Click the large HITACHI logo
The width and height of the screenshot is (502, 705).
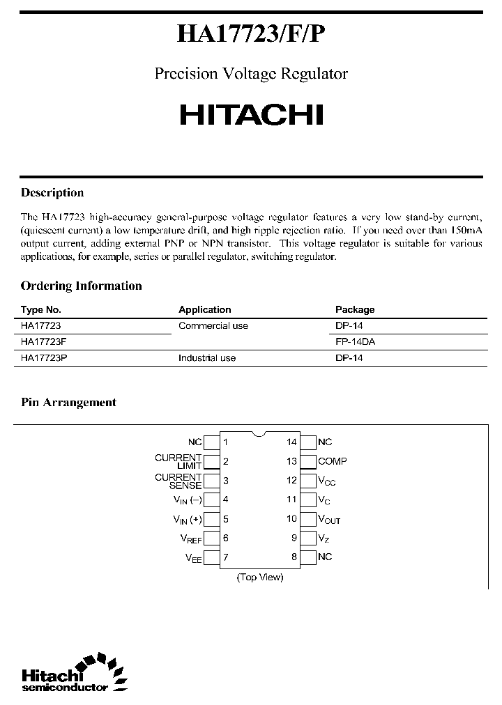(251, 115)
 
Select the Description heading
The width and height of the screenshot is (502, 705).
(52, 193)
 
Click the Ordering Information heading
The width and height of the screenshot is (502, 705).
(81, 286)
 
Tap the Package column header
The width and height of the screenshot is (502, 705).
(355, 310)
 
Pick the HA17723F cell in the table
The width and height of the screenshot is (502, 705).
(44, 342)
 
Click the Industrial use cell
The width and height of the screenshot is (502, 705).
(207, 358)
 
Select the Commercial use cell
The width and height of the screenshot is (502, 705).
(213, 326)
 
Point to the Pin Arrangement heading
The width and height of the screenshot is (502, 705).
(68, 403)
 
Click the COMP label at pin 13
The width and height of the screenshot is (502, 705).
(332, 461)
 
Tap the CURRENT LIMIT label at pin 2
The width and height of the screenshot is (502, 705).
(178, 461)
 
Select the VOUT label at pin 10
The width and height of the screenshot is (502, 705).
(329, 519)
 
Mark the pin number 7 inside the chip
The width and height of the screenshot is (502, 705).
(225, 557)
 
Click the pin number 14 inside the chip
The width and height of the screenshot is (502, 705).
(291, 442)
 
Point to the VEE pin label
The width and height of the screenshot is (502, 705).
(193, 557)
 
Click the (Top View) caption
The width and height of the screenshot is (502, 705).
(260, 577)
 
